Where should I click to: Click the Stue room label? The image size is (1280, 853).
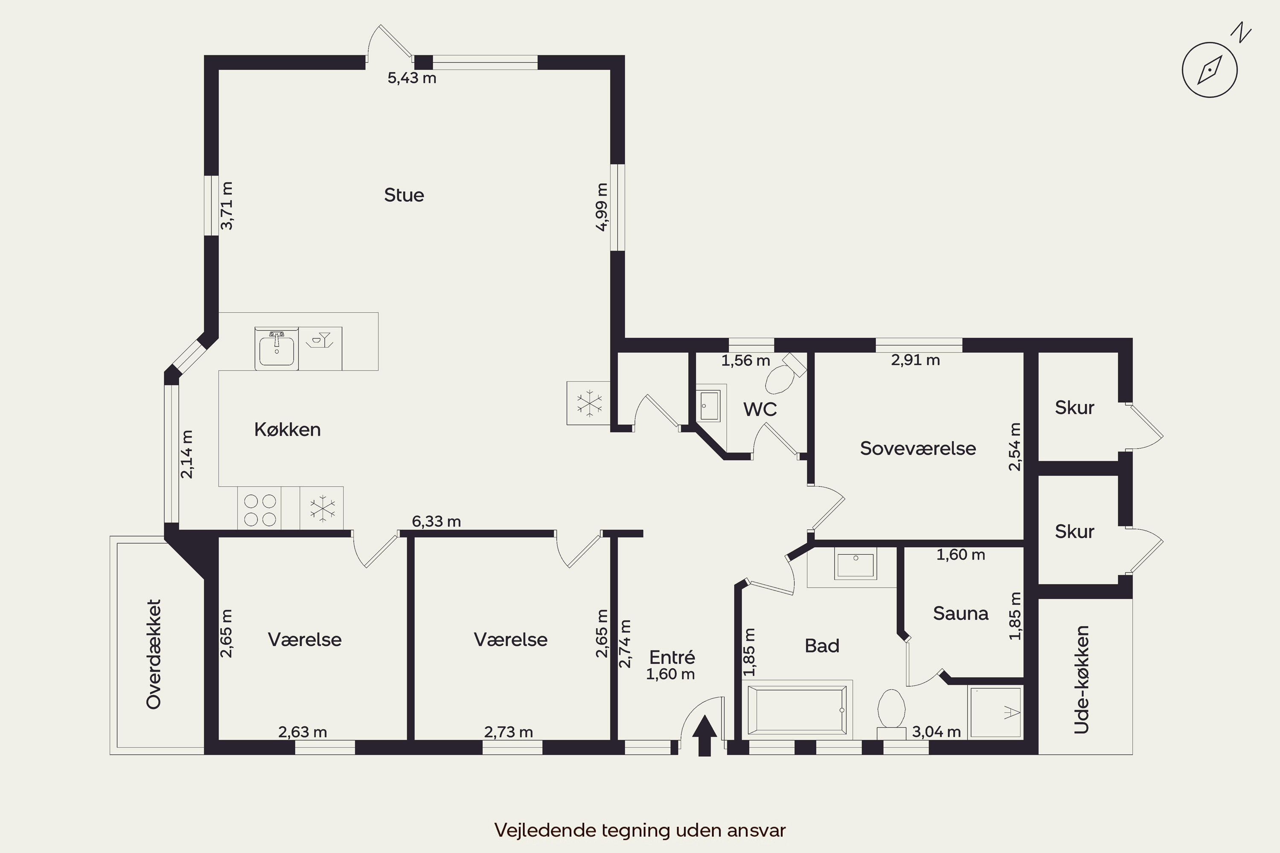point(404,195)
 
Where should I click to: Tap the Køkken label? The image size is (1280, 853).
point(287,430)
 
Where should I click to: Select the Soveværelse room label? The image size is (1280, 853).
point(918,448)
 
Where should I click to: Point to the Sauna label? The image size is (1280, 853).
point(960,613)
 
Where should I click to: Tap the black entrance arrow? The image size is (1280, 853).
point(705,735)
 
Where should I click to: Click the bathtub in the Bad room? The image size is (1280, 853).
point(797,709)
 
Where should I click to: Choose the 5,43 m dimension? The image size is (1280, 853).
point(412,78)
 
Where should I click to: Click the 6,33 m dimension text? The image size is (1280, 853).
point(436,521)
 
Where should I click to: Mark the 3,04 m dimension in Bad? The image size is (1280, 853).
point(936,732)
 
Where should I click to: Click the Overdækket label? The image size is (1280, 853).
point(154,654)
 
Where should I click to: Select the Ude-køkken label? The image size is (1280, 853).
point(1081,679)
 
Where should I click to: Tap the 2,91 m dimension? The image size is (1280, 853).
point(915,360)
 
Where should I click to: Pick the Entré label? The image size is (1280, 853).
point(672,657)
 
